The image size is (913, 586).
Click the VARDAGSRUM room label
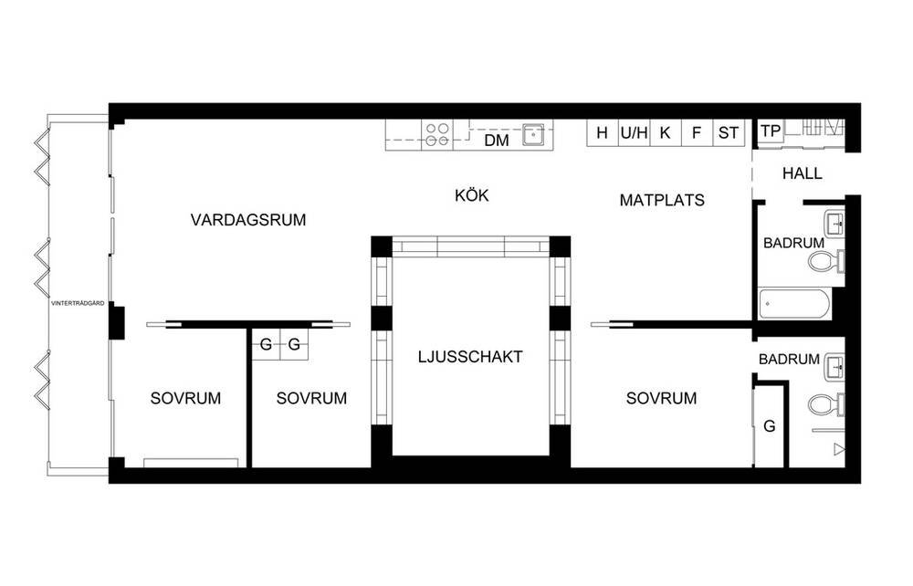[x=248, y=220]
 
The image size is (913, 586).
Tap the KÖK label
[x=472, y=195]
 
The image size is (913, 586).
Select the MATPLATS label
[x=662, y=200]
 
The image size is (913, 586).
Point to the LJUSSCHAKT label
[x=470, y=357]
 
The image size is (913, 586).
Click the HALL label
[x=803, y=173]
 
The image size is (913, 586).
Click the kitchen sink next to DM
[x=533, y=134]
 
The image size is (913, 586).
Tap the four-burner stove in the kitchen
[x=436, y=134]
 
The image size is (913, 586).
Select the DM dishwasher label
[x=497, y=141]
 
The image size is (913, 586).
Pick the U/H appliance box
[x=635, y=132]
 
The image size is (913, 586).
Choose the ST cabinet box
[x=729, y=132]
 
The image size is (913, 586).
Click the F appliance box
[x=697, y=132]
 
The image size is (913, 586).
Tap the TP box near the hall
[x=771, y=131]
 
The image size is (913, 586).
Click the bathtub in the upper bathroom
[x=793, y=304]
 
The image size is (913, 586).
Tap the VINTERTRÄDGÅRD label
[x=78, y=303]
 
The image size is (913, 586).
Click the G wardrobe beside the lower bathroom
[x=769, y=426]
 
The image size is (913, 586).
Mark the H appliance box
[x=603, y=132]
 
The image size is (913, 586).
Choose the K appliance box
[x=666, y=132]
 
